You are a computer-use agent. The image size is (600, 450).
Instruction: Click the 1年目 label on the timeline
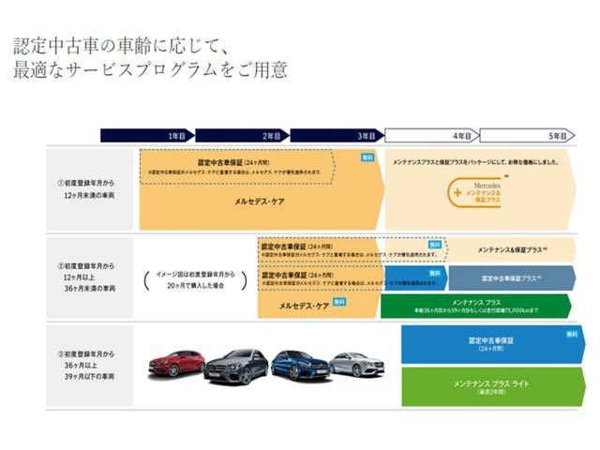[177, 136]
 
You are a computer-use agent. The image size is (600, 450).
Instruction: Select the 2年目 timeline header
[271, 136]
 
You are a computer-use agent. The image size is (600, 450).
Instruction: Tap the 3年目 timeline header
[366, 136]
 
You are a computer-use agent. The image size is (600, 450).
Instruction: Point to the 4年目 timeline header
[461, 136]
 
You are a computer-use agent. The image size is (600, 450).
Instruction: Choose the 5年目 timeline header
[557, 136]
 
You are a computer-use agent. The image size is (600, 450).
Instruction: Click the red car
[174, 365]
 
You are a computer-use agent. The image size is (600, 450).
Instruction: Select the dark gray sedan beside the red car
[235, 366]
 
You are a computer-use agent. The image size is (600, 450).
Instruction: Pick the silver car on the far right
[356, 364]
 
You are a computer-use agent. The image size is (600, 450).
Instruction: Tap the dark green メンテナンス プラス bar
[475, 306]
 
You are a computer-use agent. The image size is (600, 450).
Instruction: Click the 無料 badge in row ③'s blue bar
[572, 334]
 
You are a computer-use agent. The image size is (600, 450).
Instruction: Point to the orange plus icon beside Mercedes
[457, 193]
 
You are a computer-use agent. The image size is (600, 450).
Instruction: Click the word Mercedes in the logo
[485, 186]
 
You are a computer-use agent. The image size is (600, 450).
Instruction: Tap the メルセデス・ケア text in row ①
[261, 200]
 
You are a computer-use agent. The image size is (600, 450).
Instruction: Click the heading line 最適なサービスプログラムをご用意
[150, 70]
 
